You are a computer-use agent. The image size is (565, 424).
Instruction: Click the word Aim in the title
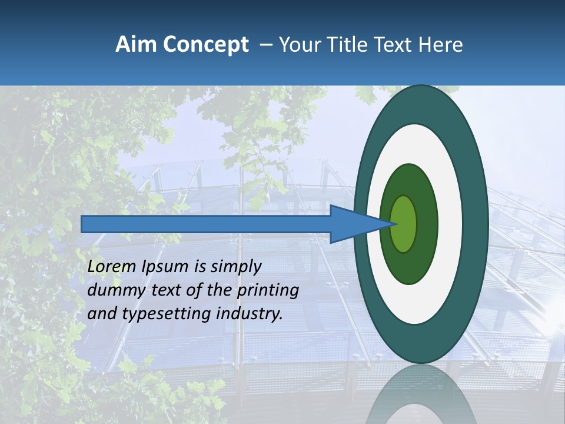135,45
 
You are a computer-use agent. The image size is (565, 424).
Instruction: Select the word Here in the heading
441,45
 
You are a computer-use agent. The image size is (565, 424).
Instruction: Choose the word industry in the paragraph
250,314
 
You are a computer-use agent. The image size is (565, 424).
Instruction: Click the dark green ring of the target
427,224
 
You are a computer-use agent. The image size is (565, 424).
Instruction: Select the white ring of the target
450,224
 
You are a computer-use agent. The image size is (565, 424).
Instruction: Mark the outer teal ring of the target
476,224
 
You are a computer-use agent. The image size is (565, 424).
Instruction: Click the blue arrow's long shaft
206,224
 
